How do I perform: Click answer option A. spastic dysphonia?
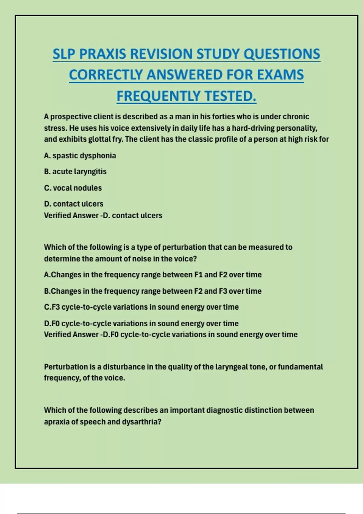(80, 156)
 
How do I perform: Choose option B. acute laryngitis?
(75, 172)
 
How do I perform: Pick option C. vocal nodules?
(73, 188)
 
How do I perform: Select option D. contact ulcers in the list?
(74, 204)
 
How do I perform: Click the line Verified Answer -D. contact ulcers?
(103, 216)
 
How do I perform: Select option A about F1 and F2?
(152, 275)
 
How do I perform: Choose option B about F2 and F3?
(152, 291)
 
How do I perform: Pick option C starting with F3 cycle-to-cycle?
(141, 307)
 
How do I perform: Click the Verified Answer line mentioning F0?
(171, 335)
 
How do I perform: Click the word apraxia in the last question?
(57, 422)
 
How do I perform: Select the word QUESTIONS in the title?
(282, 54)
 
